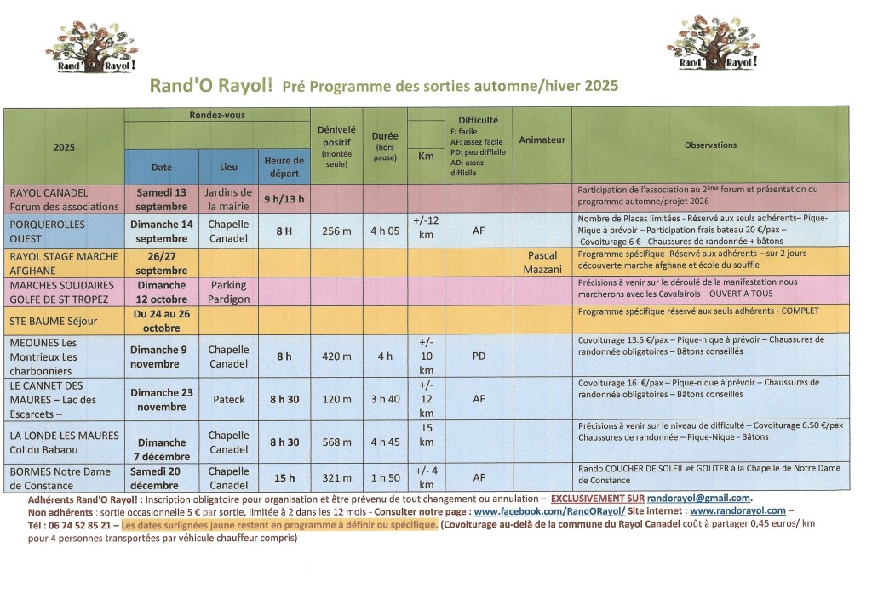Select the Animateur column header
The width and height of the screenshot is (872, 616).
pos(542,140)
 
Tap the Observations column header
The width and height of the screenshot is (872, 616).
pos(710,145)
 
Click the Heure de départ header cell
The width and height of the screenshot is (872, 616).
pos(284,166)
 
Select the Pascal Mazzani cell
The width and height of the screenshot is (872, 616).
pos(542,261)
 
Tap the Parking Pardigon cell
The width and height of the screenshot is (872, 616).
pos(228,292)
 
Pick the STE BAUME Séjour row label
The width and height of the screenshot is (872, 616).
pos(54,322)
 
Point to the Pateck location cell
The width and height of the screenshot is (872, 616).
pos(228,399)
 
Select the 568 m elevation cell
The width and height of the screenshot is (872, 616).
pos(336,442)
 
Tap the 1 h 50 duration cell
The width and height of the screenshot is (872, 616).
pos(385,477)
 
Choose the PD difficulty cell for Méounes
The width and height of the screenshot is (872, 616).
pos(479,356)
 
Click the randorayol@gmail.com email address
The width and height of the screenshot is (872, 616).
pos(698,498)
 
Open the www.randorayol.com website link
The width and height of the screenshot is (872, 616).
pos(737,511)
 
